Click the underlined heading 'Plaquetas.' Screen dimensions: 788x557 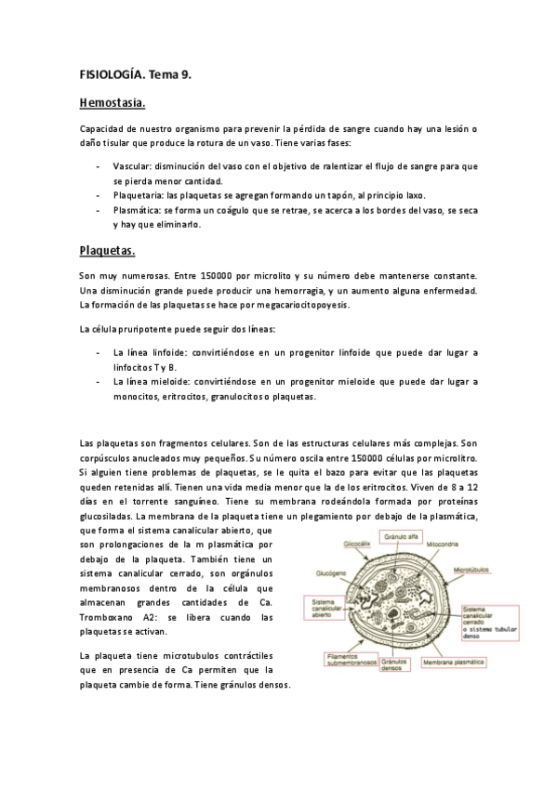[108, 251]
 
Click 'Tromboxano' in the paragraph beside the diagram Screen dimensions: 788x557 [107, 618]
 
